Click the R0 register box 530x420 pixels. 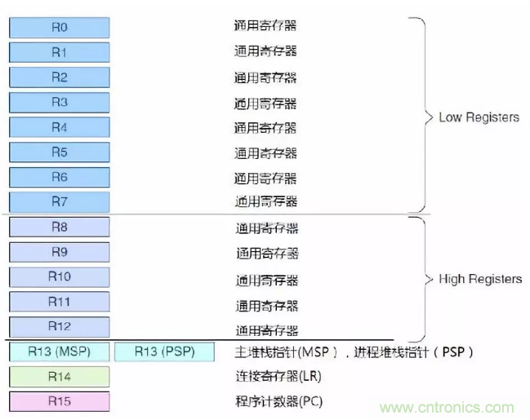click(59, 27)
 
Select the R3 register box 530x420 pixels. click(59, 103)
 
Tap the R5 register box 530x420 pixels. click(59, 153)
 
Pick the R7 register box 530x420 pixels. click(59, 201)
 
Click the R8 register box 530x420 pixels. click(59, 228)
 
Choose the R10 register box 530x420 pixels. click(59, 277)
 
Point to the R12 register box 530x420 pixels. click(59, 327)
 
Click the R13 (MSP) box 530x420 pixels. click(59, 352)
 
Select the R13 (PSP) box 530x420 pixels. click(164, 352)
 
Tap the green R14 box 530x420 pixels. click(59, 377)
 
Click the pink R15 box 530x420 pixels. click(59, 401)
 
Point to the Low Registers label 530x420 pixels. click(479, 117)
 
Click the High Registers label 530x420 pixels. click(479, 279)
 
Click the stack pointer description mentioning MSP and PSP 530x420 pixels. click(354, 352)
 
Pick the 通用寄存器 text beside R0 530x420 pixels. click(265, 26)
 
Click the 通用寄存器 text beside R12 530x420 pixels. click(267, 330)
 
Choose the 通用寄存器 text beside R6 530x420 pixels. click(265, 178)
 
